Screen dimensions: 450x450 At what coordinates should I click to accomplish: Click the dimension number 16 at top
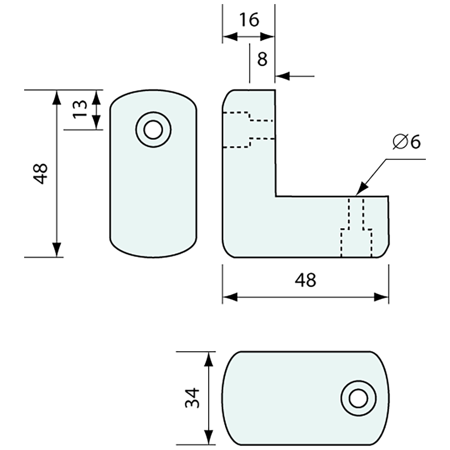[x=249, y=20]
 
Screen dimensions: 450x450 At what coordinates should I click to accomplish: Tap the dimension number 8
[x=262, y=59]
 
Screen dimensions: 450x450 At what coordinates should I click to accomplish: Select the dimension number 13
[x=81, y=109]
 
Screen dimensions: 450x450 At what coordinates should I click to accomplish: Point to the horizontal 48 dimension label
[x=306, y=281]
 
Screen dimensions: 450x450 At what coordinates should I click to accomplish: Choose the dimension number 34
[x=192, y=398]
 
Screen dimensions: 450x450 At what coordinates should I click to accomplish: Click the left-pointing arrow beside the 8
[x=282, y=76]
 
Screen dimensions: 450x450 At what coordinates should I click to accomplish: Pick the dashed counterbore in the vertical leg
[x=248, y=130]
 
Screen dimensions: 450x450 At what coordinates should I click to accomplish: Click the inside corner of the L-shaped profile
[x=275, y=197]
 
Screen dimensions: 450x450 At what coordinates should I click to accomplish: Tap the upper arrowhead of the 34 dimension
[x=209, y=358]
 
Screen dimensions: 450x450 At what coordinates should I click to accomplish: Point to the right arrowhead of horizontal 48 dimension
[x=382, y=297]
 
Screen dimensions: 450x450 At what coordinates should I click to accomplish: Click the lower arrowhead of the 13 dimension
[x=97, y=123]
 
